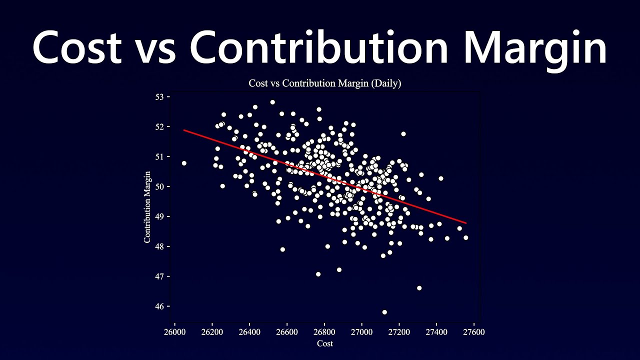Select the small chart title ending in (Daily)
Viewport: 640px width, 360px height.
pos(324,83)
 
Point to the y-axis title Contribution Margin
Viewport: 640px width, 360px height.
pos(147,207)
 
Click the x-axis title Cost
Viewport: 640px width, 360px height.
pos(324,343)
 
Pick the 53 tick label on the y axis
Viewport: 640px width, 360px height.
pos(159,96)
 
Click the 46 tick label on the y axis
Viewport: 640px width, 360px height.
pos(159,306)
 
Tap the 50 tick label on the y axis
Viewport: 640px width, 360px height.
pos(159,186)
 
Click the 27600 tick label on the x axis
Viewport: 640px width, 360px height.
pos(474,332)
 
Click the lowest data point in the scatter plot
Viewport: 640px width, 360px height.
pos(384,312)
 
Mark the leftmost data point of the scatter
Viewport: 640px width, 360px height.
pos(184,163)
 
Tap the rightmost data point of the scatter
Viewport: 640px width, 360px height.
pos(465,237)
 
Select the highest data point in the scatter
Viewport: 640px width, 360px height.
pos(272,102)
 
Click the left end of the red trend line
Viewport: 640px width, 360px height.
pos(184,130)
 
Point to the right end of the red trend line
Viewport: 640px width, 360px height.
pos(466,223)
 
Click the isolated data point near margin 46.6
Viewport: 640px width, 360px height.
pos(419,288)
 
